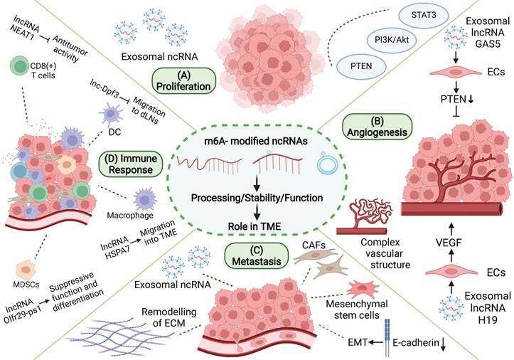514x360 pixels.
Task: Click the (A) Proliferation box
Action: point(184,80)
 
